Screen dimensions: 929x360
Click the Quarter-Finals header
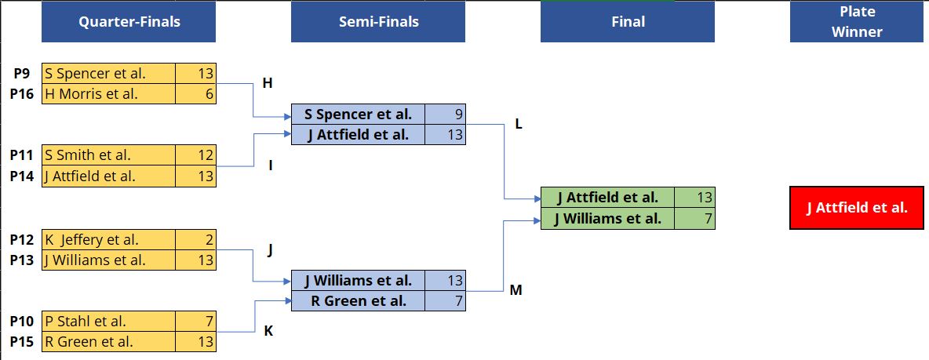pyautogui.click(x=129, y=22)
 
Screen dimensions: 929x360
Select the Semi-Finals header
pyautogui.click(x=378, y=22)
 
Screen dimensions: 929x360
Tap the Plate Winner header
pyautogui.click(x=857, y=22)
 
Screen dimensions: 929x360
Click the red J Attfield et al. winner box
pyautogui.click(x=857, y=208)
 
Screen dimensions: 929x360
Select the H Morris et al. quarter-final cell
pyautogui.click(x=108, y=93)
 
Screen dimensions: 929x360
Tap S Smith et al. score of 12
pyautogui.click(x=195, y=155)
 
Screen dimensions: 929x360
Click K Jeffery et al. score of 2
pyautogui.click(x=195, y=240)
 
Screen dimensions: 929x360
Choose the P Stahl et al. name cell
pyautogui.click(x=108, y=322)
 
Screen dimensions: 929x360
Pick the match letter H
pyautogui.click(x=268, y=83)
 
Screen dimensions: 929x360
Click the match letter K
pyautogui.click(x=268, y=331)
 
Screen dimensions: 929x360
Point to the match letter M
pyautogui.click(x=516, y=290)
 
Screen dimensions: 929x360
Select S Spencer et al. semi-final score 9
pyautogui.click(x=445, y=114)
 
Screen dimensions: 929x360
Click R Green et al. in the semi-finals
pyautogui.click(x=359, y=301)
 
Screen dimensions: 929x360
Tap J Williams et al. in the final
pyautogui.click(x=608, y=219)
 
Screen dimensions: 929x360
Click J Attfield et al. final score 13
pyautogui.click(x=694, y=197)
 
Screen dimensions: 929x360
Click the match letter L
pyautogui.click(x=519, y=125)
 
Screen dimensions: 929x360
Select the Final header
pyautogui.click(x=628, y=22)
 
